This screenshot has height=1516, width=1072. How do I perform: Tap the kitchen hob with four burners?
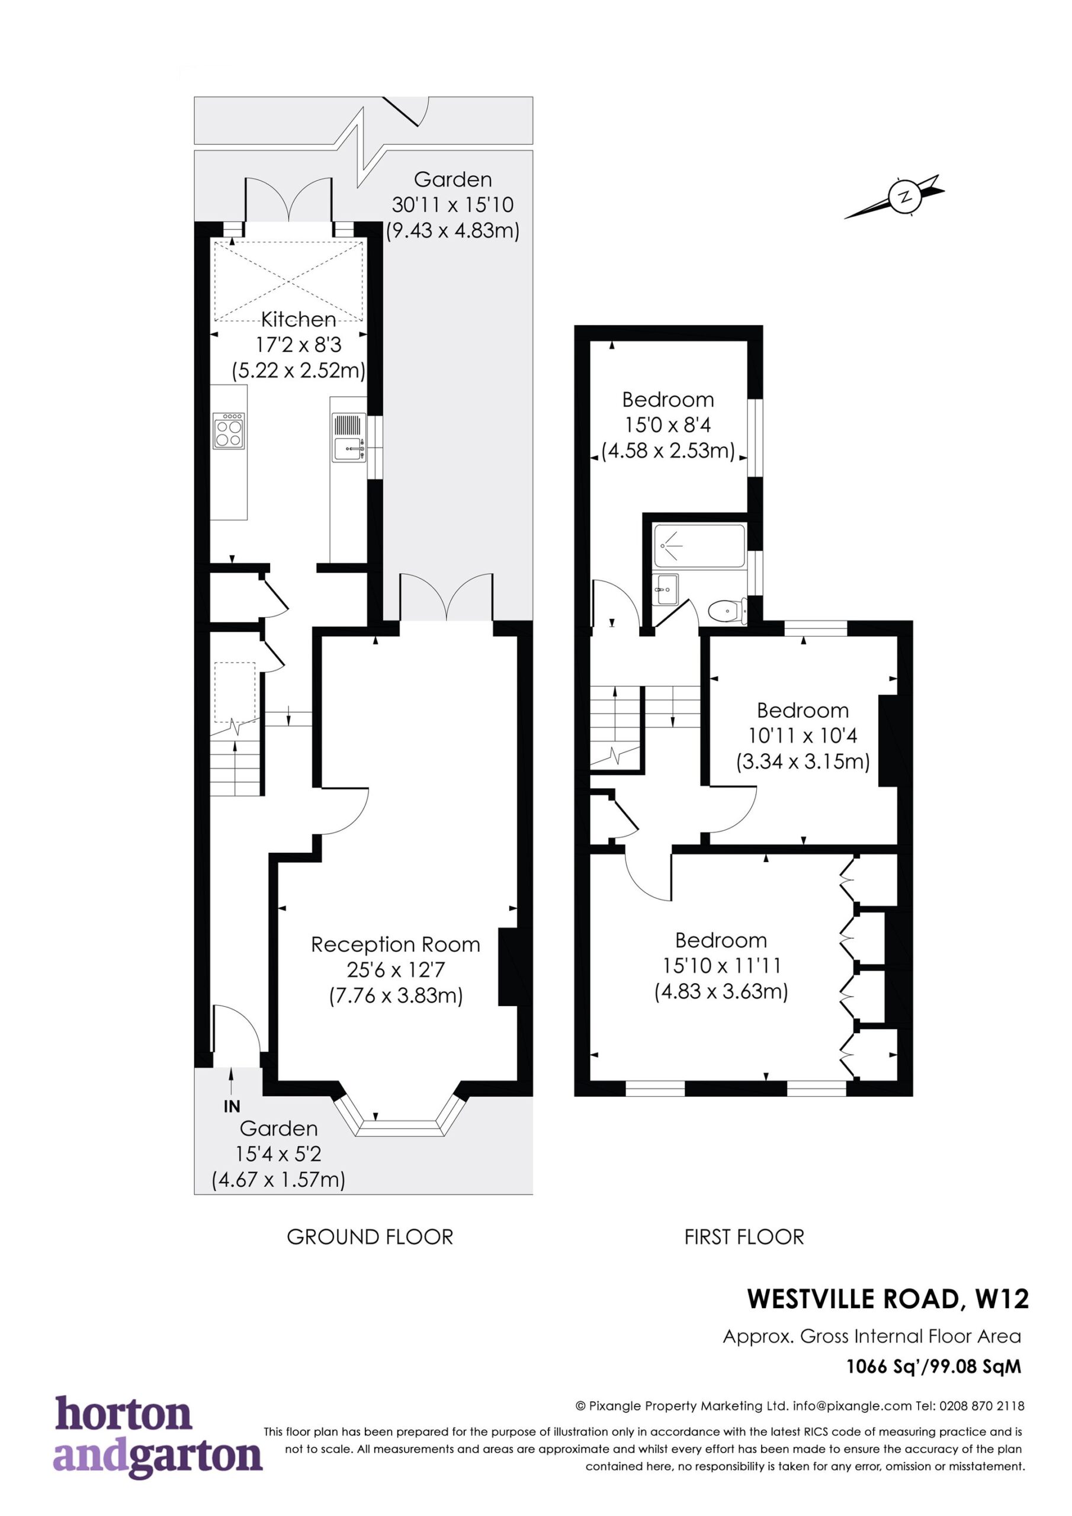pyautogui.click(x=229, y=432)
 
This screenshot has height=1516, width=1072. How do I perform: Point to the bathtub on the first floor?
pyautogui.click(x=699, y=545)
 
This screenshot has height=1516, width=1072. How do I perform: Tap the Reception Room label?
pyautogui.click(x=396, y=945)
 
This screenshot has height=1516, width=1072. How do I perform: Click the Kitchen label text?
pyautogui.click(x=299, y=320)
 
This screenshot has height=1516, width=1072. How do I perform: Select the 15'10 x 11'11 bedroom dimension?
pyautogui.click(x=721, y=966)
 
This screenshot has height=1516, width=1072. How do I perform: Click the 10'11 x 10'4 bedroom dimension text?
pyautogui.click(x=803, y=735)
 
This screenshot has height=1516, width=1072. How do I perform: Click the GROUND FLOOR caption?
pyautogui.click(x=370, y=1236)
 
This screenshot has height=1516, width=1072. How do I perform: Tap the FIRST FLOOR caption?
pyautogui.click(x=744, y=1236)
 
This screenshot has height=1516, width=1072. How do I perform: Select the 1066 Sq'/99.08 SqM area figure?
pyautogui.click(x=934, y=1366)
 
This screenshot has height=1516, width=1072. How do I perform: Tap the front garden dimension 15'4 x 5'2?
pyautogui.click(x=278, y=1154)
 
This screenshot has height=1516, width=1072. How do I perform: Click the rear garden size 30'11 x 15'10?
pyautogui.click(x=452, y=205)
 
